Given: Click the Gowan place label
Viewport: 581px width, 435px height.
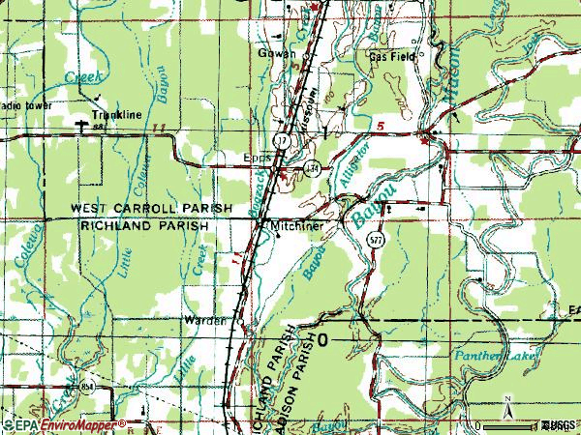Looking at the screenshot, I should click(x=276, y=54).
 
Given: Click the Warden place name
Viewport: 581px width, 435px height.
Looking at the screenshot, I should click(x=205, y=320).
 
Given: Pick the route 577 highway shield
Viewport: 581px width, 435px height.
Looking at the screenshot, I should click(x=375, y=241).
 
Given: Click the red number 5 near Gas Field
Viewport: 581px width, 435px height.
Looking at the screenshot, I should click(x=382, y=127).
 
